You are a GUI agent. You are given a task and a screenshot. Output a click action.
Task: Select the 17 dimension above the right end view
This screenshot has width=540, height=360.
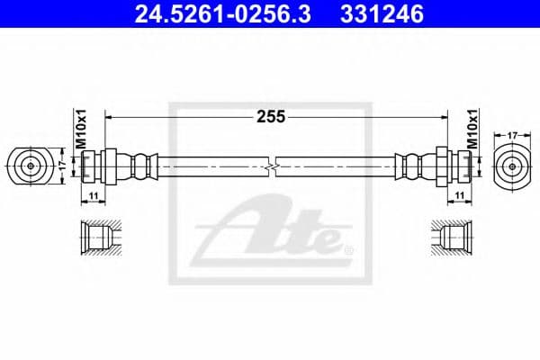pyautogui.click(x=514, y=135)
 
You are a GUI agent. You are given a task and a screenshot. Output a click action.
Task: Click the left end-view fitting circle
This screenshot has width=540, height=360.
pyautogui.click(x=31, y=166)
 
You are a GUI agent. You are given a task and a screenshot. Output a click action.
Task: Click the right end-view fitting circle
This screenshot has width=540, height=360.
pyautogui.click(x=514, y=166)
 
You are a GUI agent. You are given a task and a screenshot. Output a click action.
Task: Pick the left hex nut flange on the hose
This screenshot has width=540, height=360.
pyautogui.click(x=110, y=166)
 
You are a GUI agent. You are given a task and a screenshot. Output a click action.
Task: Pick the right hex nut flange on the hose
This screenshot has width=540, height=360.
pyautogui.click(x=441, y=166)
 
